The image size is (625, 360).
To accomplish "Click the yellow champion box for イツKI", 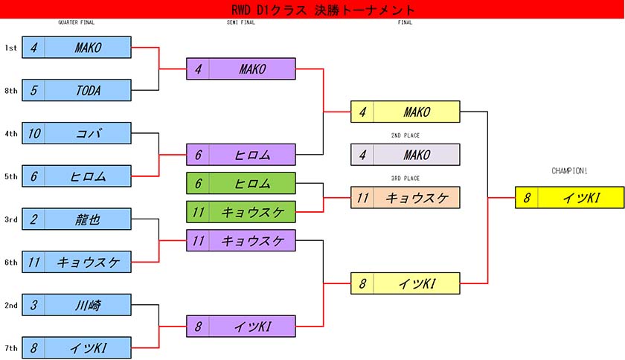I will point(569,197).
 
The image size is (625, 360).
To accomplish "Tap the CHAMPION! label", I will point(569,171).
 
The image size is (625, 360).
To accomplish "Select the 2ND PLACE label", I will point(406,136).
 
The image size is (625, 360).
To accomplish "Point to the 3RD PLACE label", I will point(406,179).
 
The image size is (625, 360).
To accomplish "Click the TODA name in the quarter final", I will point(88,91).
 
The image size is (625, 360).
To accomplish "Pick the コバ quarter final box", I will point(77,133).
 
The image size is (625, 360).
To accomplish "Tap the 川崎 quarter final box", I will point(77,304).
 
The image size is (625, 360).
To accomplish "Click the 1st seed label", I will point(10,48).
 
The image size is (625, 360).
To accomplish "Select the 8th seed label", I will point(10,91).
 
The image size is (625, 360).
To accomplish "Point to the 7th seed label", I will point(10,347).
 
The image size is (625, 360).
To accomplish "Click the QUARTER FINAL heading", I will point(76,22).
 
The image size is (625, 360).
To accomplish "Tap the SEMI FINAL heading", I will point(240,22).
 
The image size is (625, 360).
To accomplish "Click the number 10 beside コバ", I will point(34,133).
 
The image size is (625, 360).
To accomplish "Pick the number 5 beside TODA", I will point(34,91).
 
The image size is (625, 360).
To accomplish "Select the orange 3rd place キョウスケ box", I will point(406,197).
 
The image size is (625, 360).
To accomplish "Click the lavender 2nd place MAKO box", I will point(406,155).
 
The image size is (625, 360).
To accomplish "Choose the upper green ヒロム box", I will point(241,183).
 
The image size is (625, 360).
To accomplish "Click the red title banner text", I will point(312,10).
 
